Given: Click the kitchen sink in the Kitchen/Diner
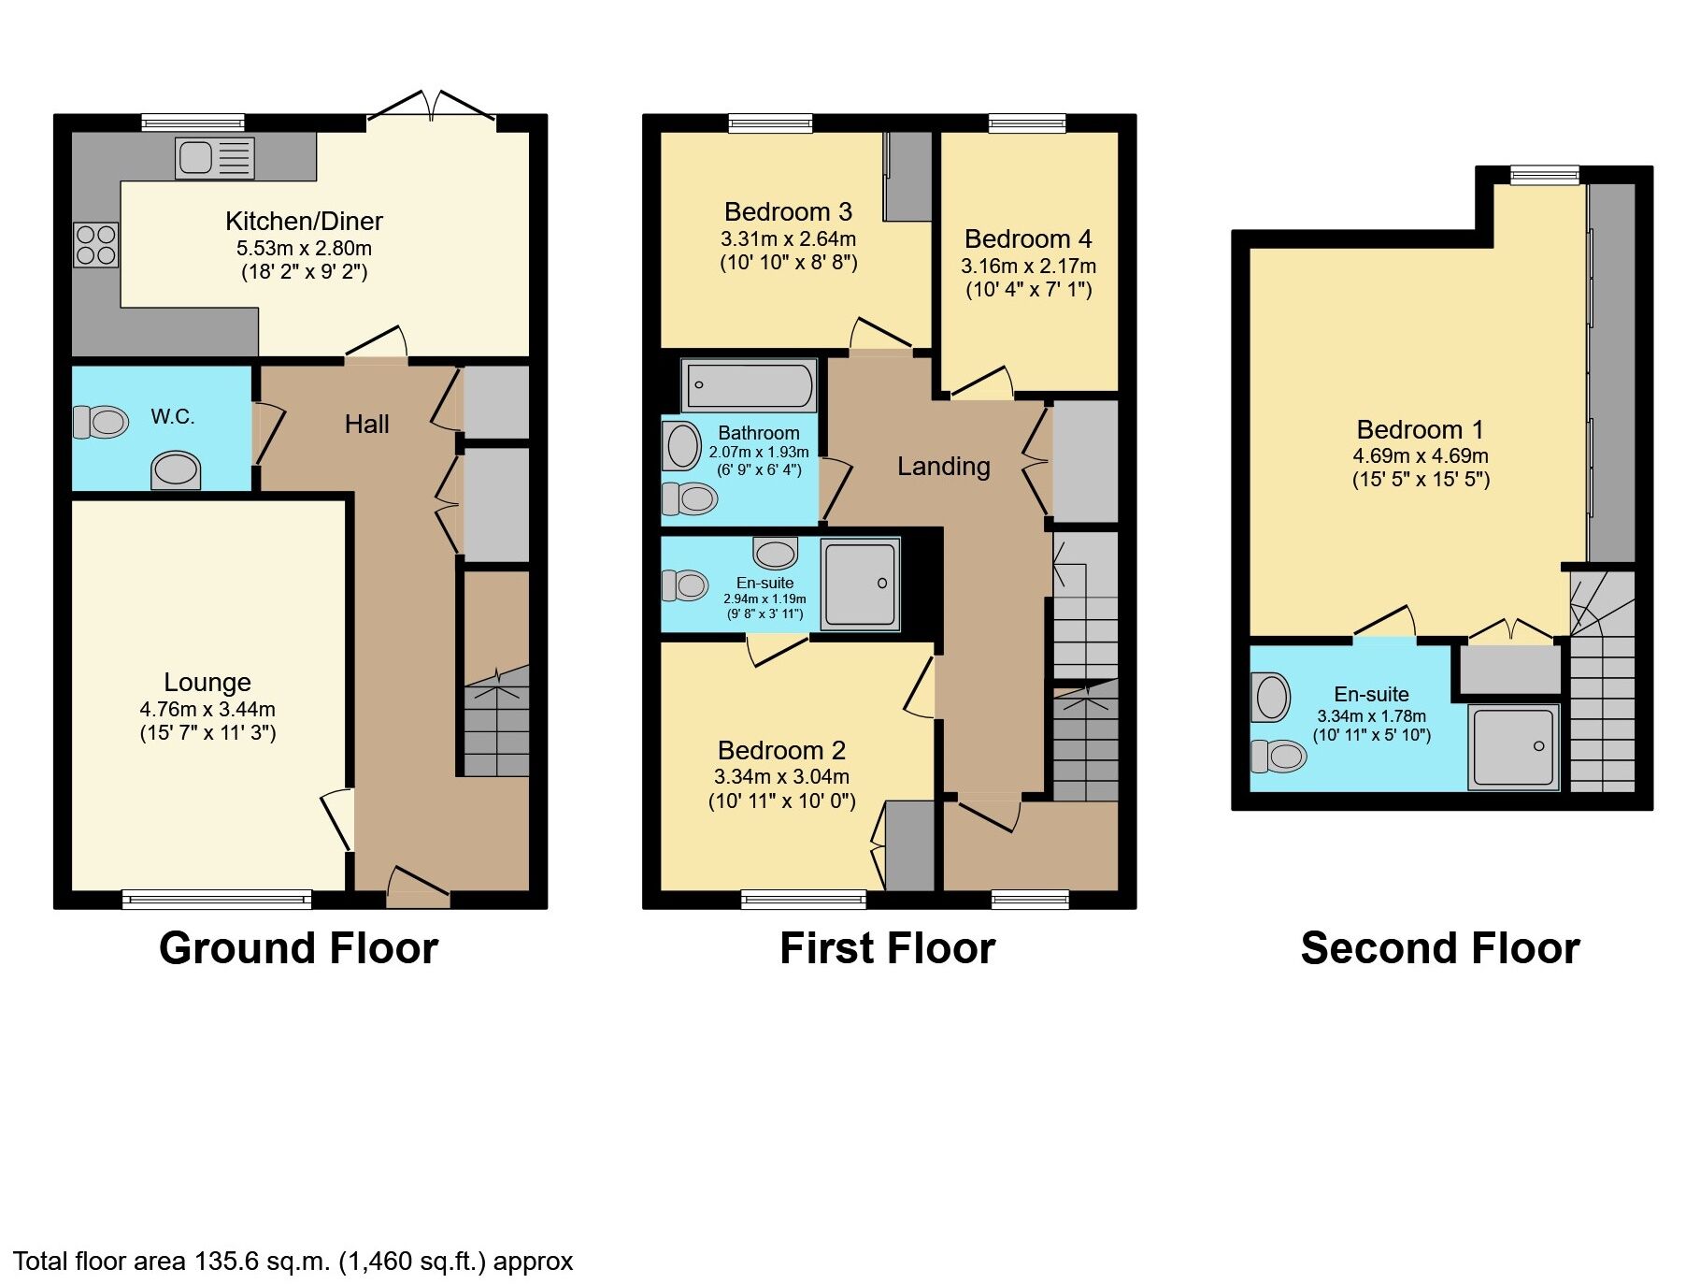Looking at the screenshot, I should [214, 157].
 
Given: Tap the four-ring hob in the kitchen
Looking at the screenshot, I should [96, 245].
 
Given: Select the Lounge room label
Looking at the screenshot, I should [207, 682].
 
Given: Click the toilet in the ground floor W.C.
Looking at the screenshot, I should [101, 422].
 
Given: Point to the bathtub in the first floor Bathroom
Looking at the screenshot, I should [749, 385].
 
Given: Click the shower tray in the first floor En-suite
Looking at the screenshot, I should [860, 584].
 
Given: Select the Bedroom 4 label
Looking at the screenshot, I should [1028, 239].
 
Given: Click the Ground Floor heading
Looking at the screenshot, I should [298, 948].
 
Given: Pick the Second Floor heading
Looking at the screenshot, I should [1439, 948].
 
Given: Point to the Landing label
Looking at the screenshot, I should [943, 466].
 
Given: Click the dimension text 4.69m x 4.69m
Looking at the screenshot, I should [1420, 456].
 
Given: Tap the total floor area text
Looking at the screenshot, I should [293, 1261].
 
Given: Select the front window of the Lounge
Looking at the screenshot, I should [217, 899].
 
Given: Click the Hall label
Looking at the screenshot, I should [366, 425].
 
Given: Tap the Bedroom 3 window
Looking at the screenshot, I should [770, 123].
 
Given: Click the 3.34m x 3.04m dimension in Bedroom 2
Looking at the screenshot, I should [781, 776].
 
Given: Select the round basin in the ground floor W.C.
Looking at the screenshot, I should [176, 469].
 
